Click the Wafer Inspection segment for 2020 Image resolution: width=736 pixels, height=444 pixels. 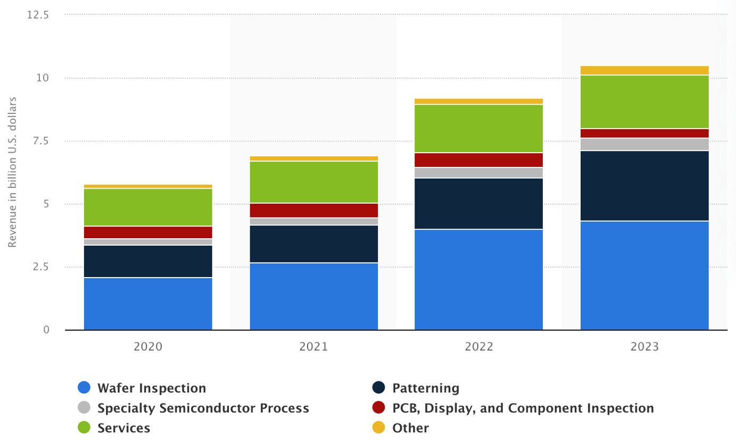148,304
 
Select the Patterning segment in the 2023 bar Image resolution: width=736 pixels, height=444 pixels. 644,186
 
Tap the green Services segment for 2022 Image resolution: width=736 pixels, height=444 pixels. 478,128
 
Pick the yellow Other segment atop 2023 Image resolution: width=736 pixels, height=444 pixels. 644,70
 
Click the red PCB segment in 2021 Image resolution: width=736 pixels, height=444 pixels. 313,210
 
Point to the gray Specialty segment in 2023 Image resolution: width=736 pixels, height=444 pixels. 644,145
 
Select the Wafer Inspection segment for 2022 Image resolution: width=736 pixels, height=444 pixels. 478,279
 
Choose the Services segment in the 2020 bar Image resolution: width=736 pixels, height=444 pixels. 148,207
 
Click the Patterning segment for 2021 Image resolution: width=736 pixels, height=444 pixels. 313,244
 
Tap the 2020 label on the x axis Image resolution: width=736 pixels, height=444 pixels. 148,347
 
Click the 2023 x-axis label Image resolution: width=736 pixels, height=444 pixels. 644,347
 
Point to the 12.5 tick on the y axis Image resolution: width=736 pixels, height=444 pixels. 37,15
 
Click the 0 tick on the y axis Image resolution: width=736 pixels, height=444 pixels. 46,330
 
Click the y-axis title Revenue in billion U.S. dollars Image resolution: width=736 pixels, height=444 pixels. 13,172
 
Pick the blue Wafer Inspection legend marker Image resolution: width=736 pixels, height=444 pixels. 85,388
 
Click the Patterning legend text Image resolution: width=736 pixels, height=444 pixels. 425,388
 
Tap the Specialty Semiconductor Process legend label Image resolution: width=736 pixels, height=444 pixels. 203,408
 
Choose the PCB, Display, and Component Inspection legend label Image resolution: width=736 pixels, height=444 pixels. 523,408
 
